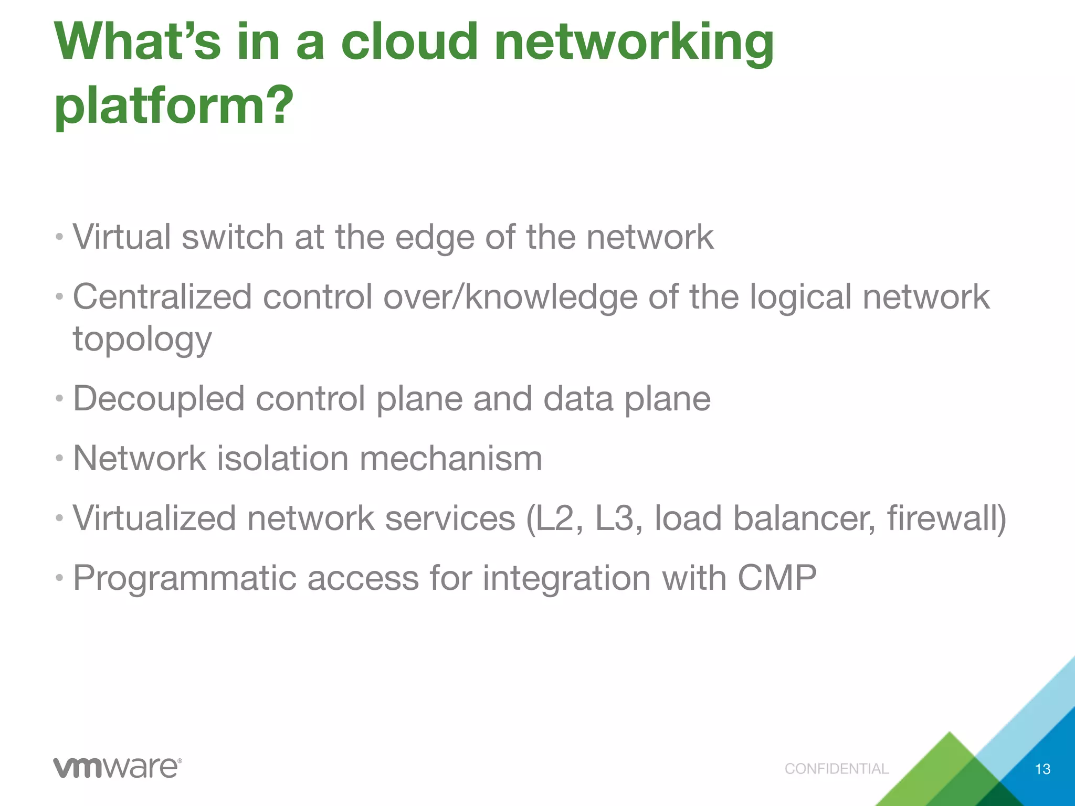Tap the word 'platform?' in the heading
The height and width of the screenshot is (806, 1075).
(x=174, y=106)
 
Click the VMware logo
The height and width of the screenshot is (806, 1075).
(x=117, y=768)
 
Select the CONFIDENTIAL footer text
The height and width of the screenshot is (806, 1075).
(x=836, y=769)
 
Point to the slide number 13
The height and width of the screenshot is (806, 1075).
(x=1042, y=769)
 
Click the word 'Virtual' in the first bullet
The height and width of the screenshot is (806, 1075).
(x=122, y=237)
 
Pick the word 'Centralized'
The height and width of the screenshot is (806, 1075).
(x=162, y=297)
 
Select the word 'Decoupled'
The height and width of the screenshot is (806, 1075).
(x=159, y=399)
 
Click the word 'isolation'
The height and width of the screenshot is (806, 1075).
(x=282, y=459)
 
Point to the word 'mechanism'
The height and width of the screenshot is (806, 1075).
(x=450, y=459)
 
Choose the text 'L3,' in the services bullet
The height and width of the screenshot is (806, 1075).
(x=619, y=518)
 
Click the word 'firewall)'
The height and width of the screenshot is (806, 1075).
(x=946, y=518)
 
